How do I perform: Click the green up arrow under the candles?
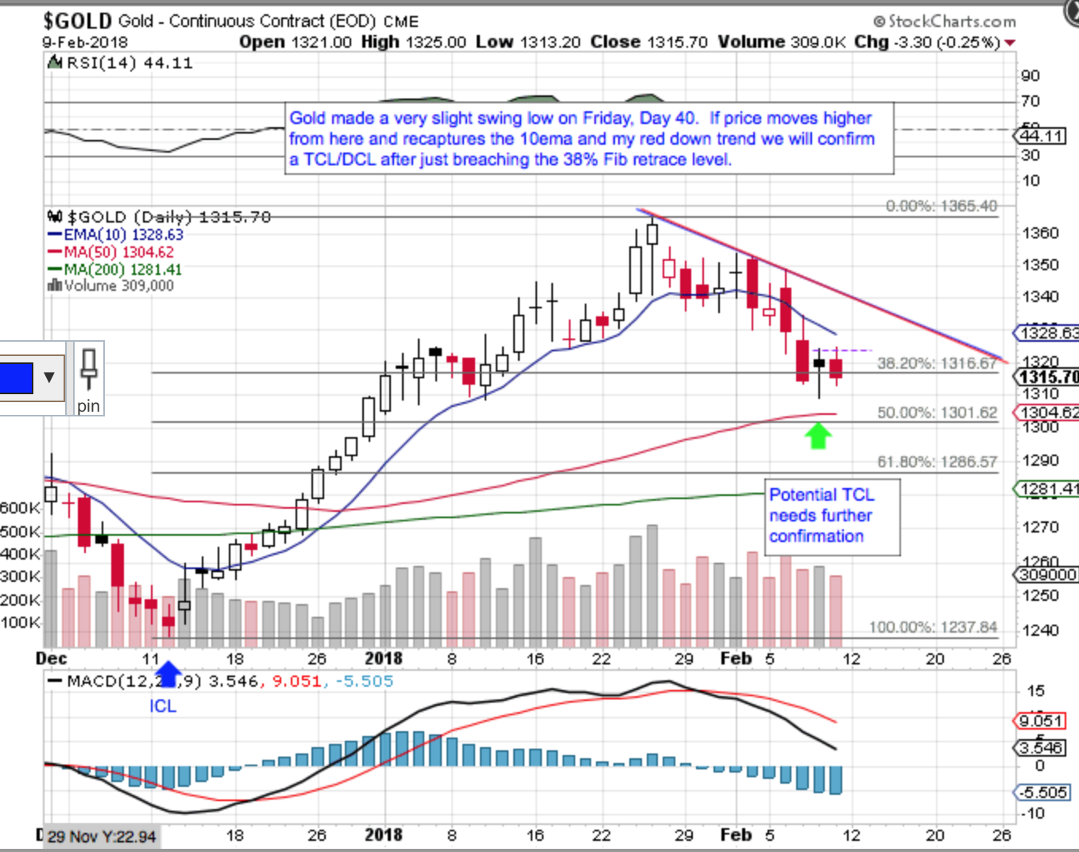coord(818,436)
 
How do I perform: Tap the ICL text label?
coord(163,706)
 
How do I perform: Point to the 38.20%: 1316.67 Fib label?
coord(936,363)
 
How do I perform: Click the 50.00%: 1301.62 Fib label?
coord(936,412)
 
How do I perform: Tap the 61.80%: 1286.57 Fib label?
coord(936,462)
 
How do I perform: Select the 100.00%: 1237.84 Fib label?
coord(932,627)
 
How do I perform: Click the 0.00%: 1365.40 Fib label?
coord(941,206)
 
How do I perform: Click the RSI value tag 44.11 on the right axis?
coord(1041,136)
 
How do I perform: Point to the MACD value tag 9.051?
coord(1040,721)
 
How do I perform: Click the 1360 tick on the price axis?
coord(1040,233)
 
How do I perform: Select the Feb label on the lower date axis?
coord(735,835)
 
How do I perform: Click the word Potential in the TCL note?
coord(803,494)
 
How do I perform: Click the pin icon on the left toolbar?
coord(88,378)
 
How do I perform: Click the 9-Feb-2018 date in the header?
coord(79,42)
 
